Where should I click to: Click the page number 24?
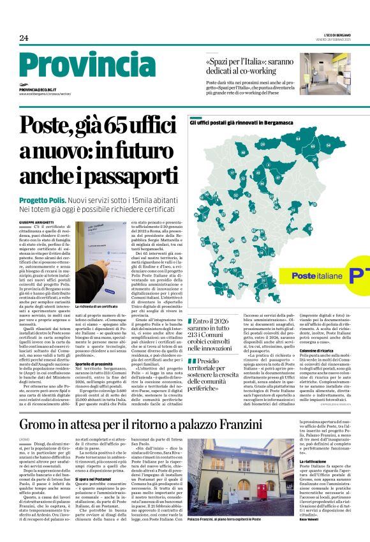pos(24,38)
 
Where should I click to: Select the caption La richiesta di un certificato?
pos(98,306)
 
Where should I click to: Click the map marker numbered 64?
pos(297,138)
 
